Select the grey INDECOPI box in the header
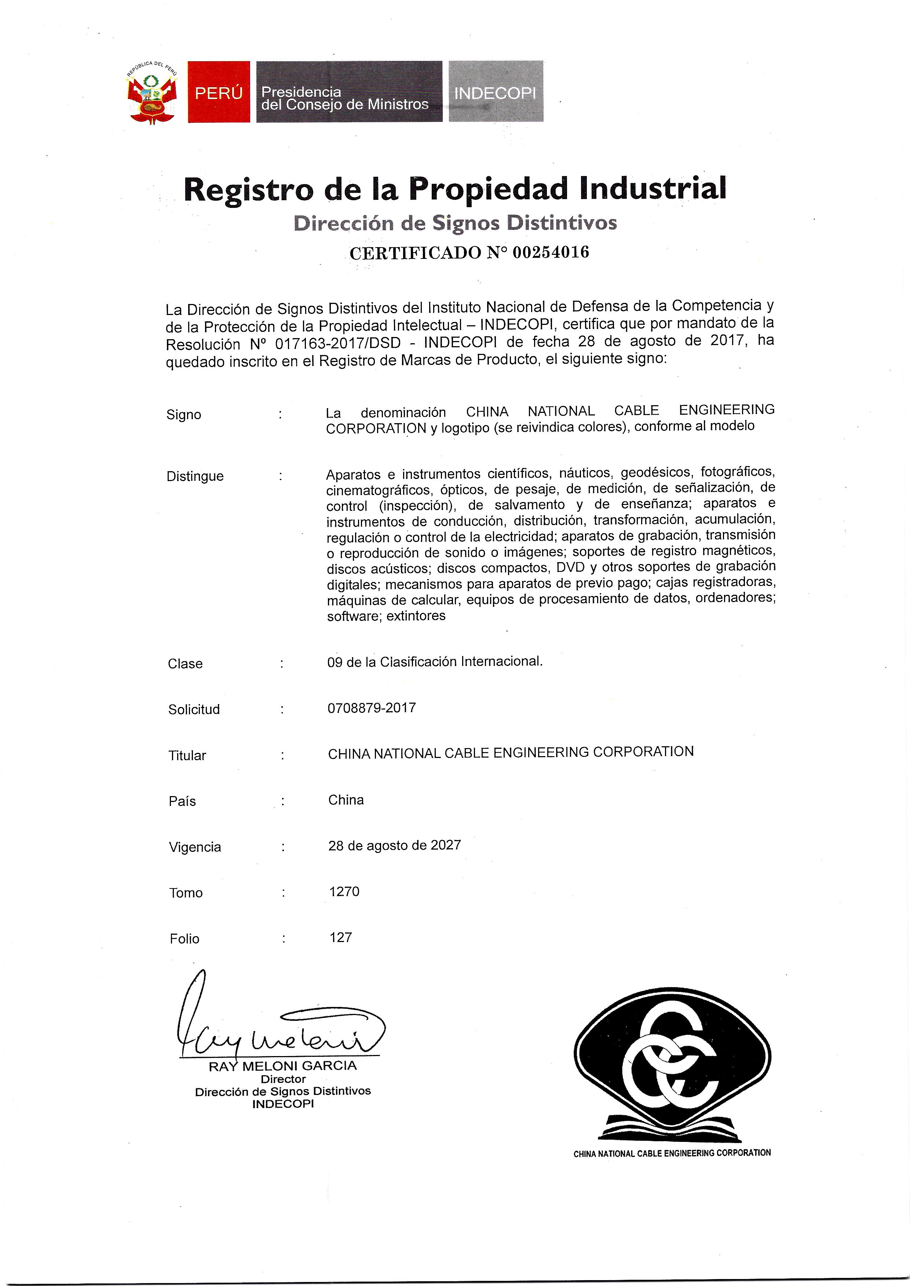coord(495,92)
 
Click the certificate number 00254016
coord(551,253)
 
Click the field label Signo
coord(184,415)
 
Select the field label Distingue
coord(195,477)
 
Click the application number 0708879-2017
coord(372,708)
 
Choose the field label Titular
coord(187,756)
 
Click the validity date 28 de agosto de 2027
coord(395,845)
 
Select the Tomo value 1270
coord(344,892)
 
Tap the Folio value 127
coord(341,938)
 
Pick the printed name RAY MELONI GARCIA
coord(282,1066)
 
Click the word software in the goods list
coord(345,617)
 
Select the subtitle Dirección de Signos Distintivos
coord(455,223)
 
